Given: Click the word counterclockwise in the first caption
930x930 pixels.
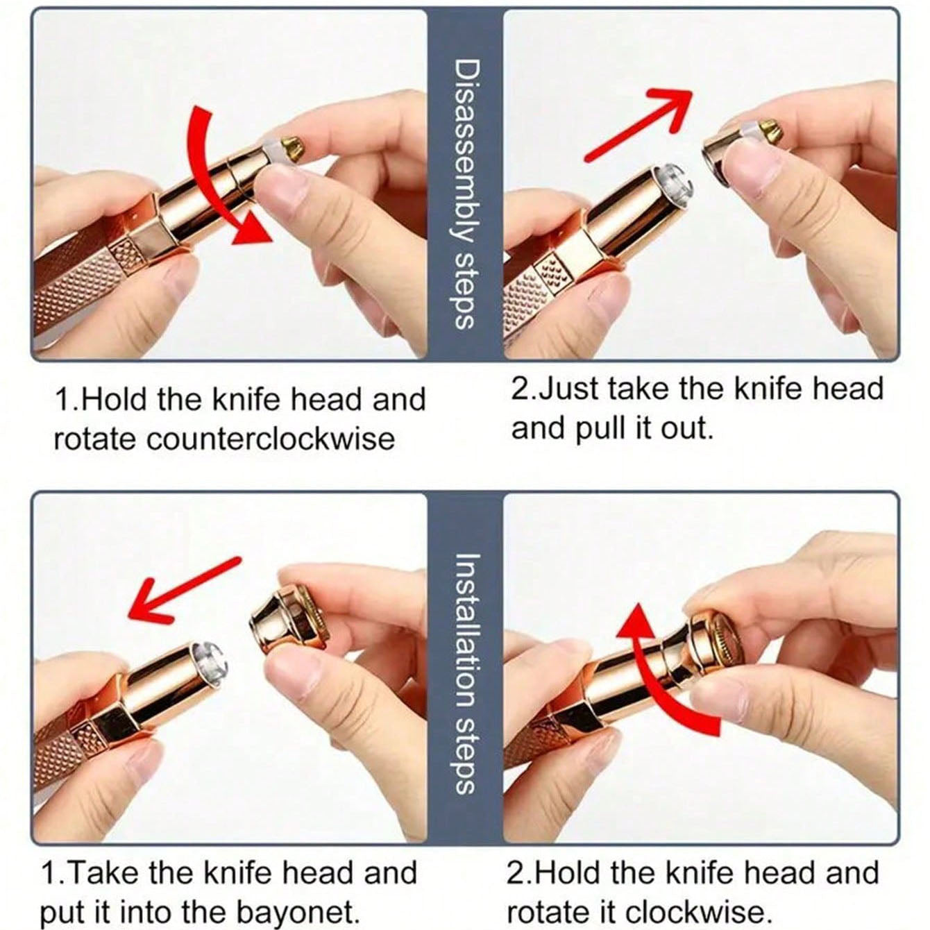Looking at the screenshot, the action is pyautogui.click(x=270, y=439).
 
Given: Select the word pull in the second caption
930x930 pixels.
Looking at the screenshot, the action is pyautogui.click(x=603, y=428).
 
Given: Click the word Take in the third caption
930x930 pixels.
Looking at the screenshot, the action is pyautogui.click(x=105, y=860).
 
